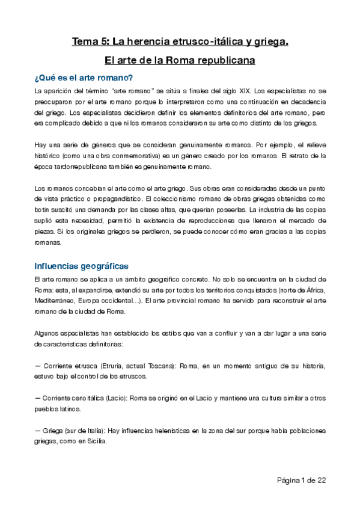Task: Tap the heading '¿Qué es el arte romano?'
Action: pyautogui.click(x=84, y=78)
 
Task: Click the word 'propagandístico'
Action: pyautogui.click(x=115, y=198)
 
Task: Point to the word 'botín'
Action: pyautogui.click(x=44, y=209)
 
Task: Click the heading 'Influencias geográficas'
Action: pyautogui.click(x=81, y=266)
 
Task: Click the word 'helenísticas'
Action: pyautogui.click(x=168, y=431)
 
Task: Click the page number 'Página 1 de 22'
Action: pyautogui.click(x=301, y=480)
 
